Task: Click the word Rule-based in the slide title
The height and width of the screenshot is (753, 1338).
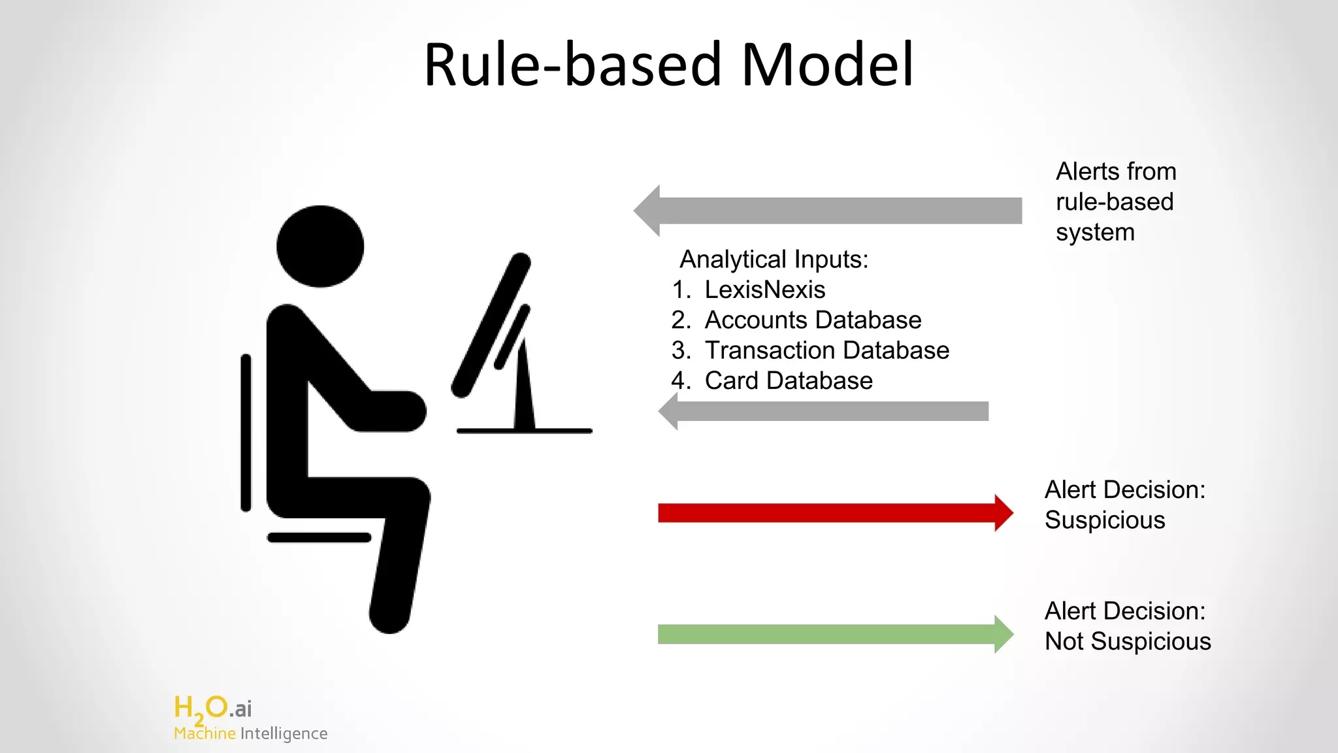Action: tap(573, 65)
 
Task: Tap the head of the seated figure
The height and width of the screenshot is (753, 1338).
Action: tap(320, 246)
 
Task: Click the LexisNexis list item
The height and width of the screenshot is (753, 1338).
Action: tap(764, 290)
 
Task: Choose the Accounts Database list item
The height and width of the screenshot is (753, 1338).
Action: tap(813, 320)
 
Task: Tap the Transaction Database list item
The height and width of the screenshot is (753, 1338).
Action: tap(826, 350)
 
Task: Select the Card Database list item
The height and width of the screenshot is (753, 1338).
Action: tap(789, 380)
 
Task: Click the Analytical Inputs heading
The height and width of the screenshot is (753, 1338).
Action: tap(774, 259)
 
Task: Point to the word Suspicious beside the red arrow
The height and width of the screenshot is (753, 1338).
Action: tap(1105, 520)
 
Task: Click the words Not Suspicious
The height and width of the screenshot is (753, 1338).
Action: tap(1128, 641)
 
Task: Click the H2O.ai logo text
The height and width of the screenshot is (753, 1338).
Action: tap(212, 708)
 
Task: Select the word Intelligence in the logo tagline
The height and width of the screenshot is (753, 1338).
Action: tap(284, 733)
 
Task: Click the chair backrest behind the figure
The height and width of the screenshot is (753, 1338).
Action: tap(246, 433)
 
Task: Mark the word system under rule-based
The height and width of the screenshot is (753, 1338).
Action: tap(1095, 232)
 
